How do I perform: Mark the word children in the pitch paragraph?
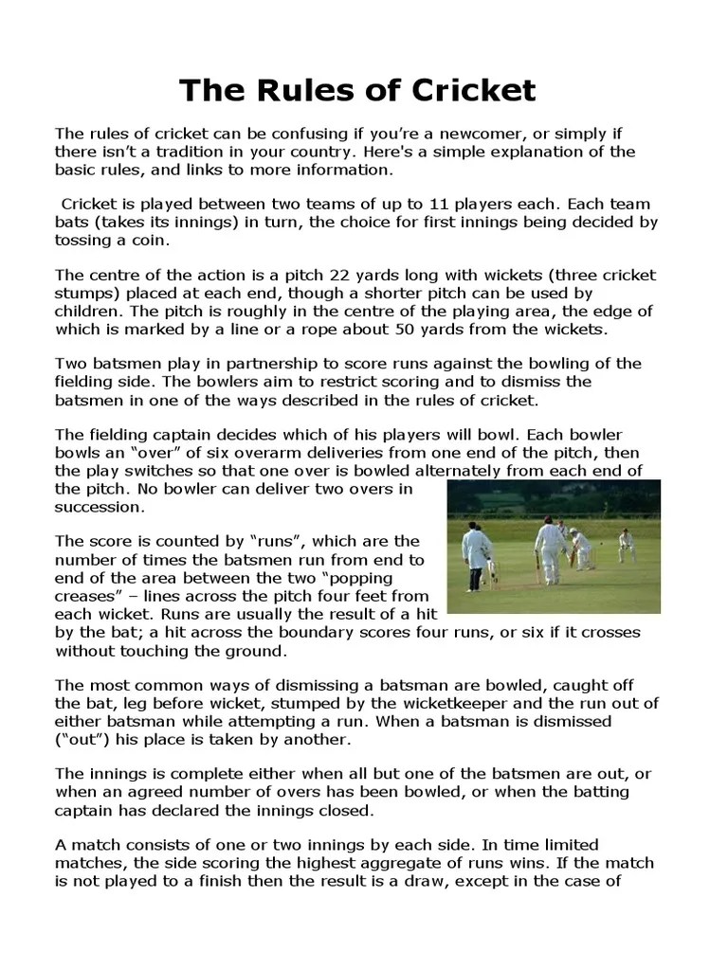point(90,312)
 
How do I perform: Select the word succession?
point(100,507)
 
